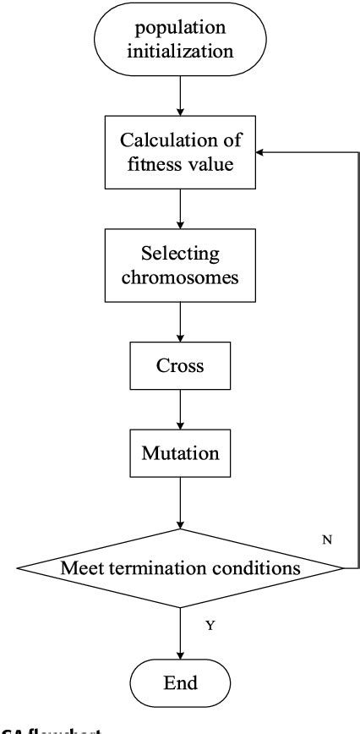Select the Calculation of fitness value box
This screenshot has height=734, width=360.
(x=180, y=153)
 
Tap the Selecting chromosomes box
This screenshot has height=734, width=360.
(x=180, y=267)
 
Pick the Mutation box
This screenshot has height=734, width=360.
(x=180, y=452)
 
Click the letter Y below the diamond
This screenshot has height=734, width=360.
(x=210, y=625)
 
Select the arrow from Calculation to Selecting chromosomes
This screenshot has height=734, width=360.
(x=180, y=211)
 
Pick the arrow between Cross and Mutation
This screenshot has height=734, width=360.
(x=180, y=412)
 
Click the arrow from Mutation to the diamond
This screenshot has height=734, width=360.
(x=180, y=504)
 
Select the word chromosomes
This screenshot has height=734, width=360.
(x=180, y=279)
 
